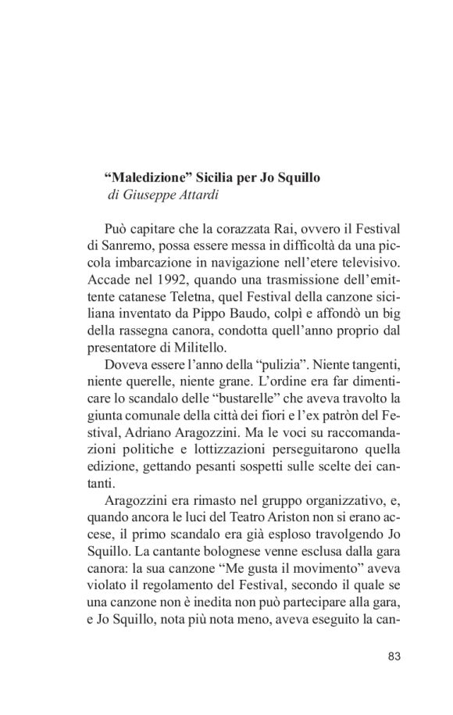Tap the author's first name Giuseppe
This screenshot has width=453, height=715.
click(145, 195)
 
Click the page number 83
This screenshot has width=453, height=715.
click(394, 656)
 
